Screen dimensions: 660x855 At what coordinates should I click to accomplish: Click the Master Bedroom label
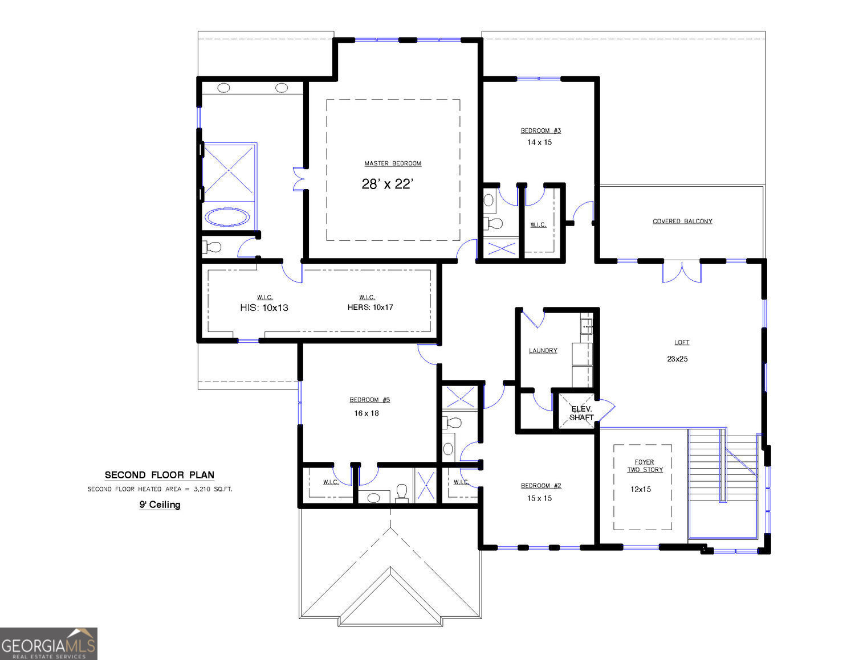click(393, 163)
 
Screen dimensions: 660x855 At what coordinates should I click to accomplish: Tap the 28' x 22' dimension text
click(387, 184)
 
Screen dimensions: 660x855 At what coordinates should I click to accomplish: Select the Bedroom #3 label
click(540, 130)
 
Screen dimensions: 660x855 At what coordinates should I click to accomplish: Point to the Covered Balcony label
click(682, 221)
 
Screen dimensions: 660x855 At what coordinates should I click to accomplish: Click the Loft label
click(682, 342)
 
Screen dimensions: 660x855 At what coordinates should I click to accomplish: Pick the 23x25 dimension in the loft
click(677, 359)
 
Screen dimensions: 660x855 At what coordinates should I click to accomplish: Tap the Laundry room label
click(543, 350)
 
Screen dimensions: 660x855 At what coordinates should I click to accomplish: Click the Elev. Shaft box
click(581, 413)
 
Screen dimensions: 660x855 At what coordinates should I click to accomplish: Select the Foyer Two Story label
click(645, 466)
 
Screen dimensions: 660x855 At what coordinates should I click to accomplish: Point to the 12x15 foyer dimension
click(641, 489)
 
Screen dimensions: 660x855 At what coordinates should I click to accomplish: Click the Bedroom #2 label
click(541, 486)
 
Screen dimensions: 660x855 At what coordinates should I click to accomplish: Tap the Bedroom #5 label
click(369, 400)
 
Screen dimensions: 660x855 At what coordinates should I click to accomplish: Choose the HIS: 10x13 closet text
click(264, 308)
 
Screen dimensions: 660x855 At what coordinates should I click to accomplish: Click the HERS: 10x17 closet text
click(370, 307)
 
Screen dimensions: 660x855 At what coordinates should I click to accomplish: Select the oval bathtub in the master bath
click(227, 217)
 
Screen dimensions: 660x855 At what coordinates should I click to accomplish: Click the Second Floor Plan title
click(160, 475)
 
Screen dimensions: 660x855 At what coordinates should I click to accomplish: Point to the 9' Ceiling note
click(160, 505)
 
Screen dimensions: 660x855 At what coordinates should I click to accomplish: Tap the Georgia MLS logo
click(48, 644)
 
